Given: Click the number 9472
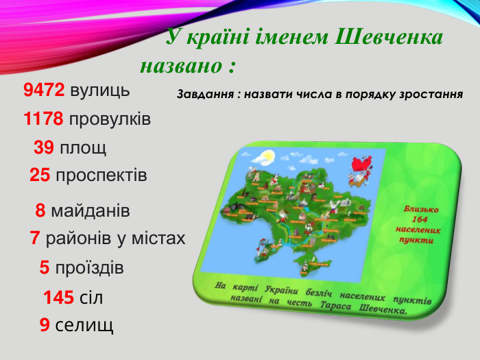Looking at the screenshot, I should [44, 91].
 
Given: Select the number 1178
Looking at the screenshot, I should [44, 119].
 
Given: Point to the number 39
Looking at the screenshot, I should [44, 148].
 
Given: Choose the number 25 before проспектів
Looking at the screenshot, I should [40, 176].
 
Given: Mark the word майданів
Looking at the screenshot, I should [91, 210].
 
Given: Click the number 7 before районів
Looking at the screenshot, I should [34, 239].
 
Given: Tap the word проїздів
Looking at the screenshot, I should [89, 268].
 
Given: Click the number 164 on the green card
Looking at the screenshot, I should [419, 219].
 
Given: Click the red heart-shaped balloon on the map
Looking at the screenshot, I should [359, 165].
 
